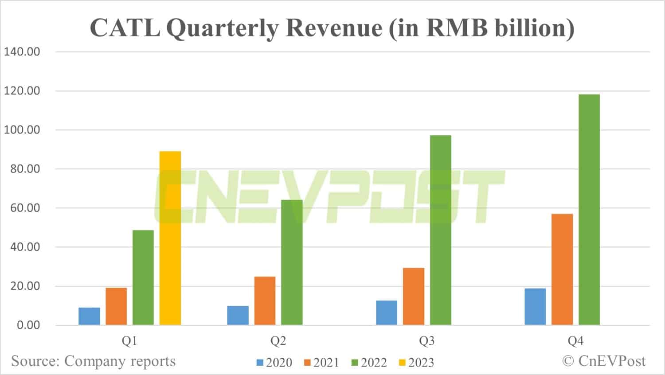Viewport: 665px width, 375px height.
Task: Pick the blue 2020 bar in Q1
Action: tap(89, 316)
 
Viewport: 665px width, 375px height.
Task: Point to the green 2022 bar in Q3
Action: tap(440, 230)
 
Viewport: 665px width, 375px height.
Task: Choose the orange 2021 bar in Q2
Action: tap(265, 301)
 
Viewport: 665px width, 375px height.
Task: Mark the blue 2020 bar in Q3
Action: tap(387, 313)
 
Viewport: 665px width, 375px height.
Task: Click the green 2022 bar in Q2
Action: tap(292, 262)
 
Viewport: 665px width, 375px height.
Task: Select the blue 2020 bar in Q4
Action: tap(535, 307)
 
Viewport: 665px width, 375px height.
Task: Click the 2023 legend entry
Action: tap(417, 363)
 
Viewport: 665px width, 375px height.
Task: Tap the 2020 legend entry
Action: tap(274, 363)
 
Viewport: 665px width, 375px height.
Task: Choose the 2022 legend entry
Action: tap(369, 363)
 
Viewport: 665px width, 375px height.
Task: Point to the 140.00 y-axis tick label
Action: tap(22, 52)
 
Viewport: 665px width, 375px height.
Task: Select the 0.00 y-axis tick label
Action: tap(28, 325)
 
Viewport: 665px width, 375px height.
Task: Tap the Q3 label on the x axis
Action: tap(427, 341)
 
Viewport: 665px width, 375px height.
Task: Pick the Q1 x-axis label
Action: tap(129, 341)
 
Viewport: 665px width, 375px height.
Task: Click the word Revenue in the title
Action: tap(334, 28)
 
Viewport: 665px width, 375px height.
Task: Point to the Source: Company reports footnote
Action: tap(94, 361)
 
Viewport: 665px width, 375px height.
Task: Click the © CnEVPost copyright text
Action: tap(604, 361)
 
